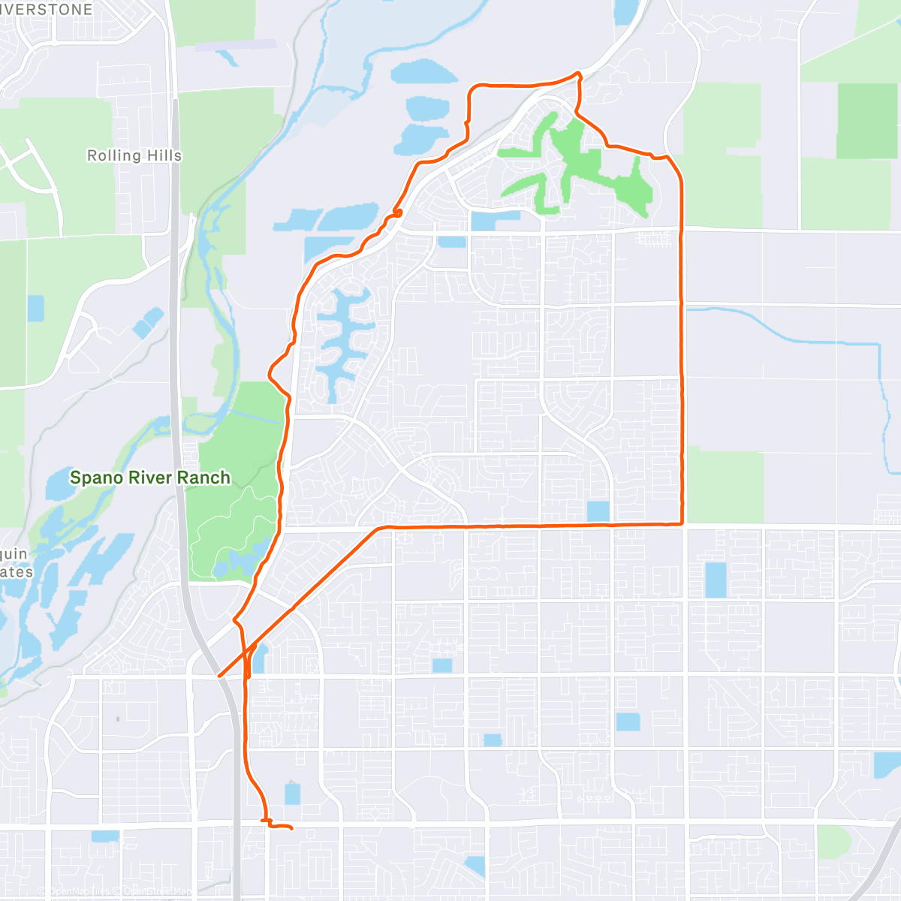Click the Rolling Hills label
[x=134, y=155]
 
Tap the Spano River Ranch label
[x=150, y=478]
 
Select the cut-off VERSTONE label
[x=47, y=10]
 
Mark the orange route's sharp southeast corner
[x=681, y=523]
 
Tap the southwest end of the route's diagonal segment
[x=219, y=676]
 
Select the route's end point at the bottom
[x=291, y=828]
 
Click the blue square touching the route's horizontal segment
[x=598, y=511]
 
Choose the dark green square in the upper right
[x=866, y=121]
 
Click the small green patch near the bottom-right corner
[x=833, y=842]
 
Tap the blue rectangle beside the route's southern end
[x=292, y=794]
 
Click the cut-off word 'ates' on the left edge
[x=17, y=572]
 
